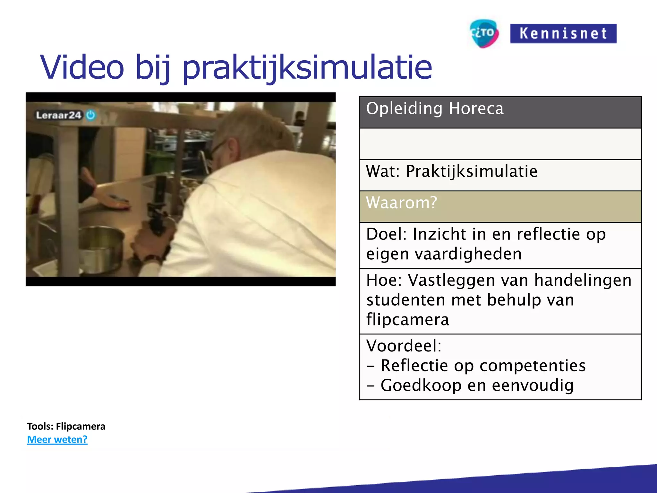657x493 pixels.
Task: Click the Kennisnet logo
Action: (563, 33)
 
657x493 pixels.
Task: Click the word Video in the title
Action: (82, 67)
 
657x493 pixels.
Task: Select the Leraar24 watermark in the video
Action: (59, 115)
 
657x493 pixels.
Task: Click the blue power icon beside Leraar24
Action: (91, 115)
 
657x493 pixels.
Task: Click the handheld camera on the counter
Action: (158, 205)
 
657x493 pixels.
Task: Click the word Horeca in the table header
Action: (476, 108)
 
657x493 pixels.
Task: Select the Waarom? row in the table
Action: (500, 206)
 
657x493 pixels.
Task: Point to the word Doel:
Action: (386, 234)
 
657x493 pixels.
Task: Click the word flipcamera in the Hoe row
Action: (407, 320)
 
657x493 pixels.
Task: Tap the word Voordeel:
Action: (404, 346)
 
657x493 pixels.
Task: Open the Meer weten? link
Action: (57, 439)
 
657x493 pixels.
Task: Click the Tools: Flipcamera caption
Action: (66, 426)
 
